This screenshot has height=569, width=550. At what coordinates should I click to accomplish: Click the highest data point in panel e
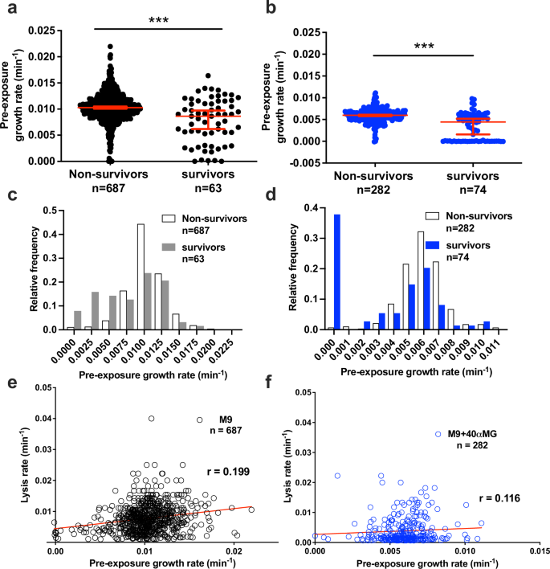pyautogui.click(x=151, y=419)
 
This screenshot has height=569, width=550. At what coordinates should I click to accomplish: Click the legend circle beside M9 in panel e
pyautogui.click(x=199, y=420)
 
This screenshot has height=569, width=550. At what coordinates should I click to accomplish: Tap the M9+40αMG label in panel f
pyautogui.click(x=477, y=434)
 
